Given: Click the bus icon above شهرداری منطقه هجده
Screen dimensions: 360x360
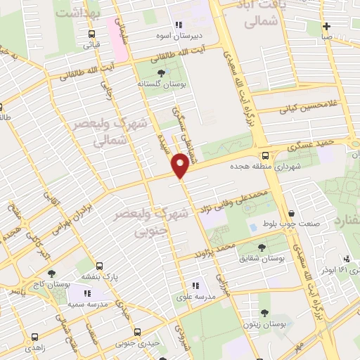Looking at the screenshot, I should pyautogui.click(x=264, y=156).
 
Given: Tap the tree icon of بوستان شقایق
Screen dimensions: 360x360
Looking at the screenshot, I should pyautogui.click(x=262, y=247).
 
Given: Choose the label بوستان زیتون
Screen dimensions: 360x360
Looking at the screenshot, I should pyautogui.click(x=264, y=325).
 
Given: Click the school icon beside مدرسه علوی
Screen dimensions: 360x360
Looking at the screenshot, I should pyautogui.click(x=196, y=285).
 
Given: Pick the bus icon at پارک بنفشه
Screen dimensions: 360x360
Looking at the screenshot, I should pyautogui.click(x=99, y=266).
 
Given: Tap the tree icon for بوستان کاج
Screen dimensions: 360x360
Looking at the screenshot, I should pyautogui.click(x=50, y=273).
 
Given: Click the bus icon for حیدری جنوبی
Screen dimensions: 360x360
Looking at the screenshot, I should pyautogui.click(x=136, y=331).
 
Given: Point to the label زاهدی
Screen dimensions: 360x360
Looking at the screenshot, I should pyautogui.click(x=34, y=347).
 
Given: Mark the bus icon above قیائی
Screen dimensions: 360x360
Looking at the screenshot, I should pyautogui.click(x=92, y=33).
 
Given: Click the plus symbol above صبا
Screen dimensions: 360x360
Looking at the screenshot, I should pyautogui.click(x=327, y=26).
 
